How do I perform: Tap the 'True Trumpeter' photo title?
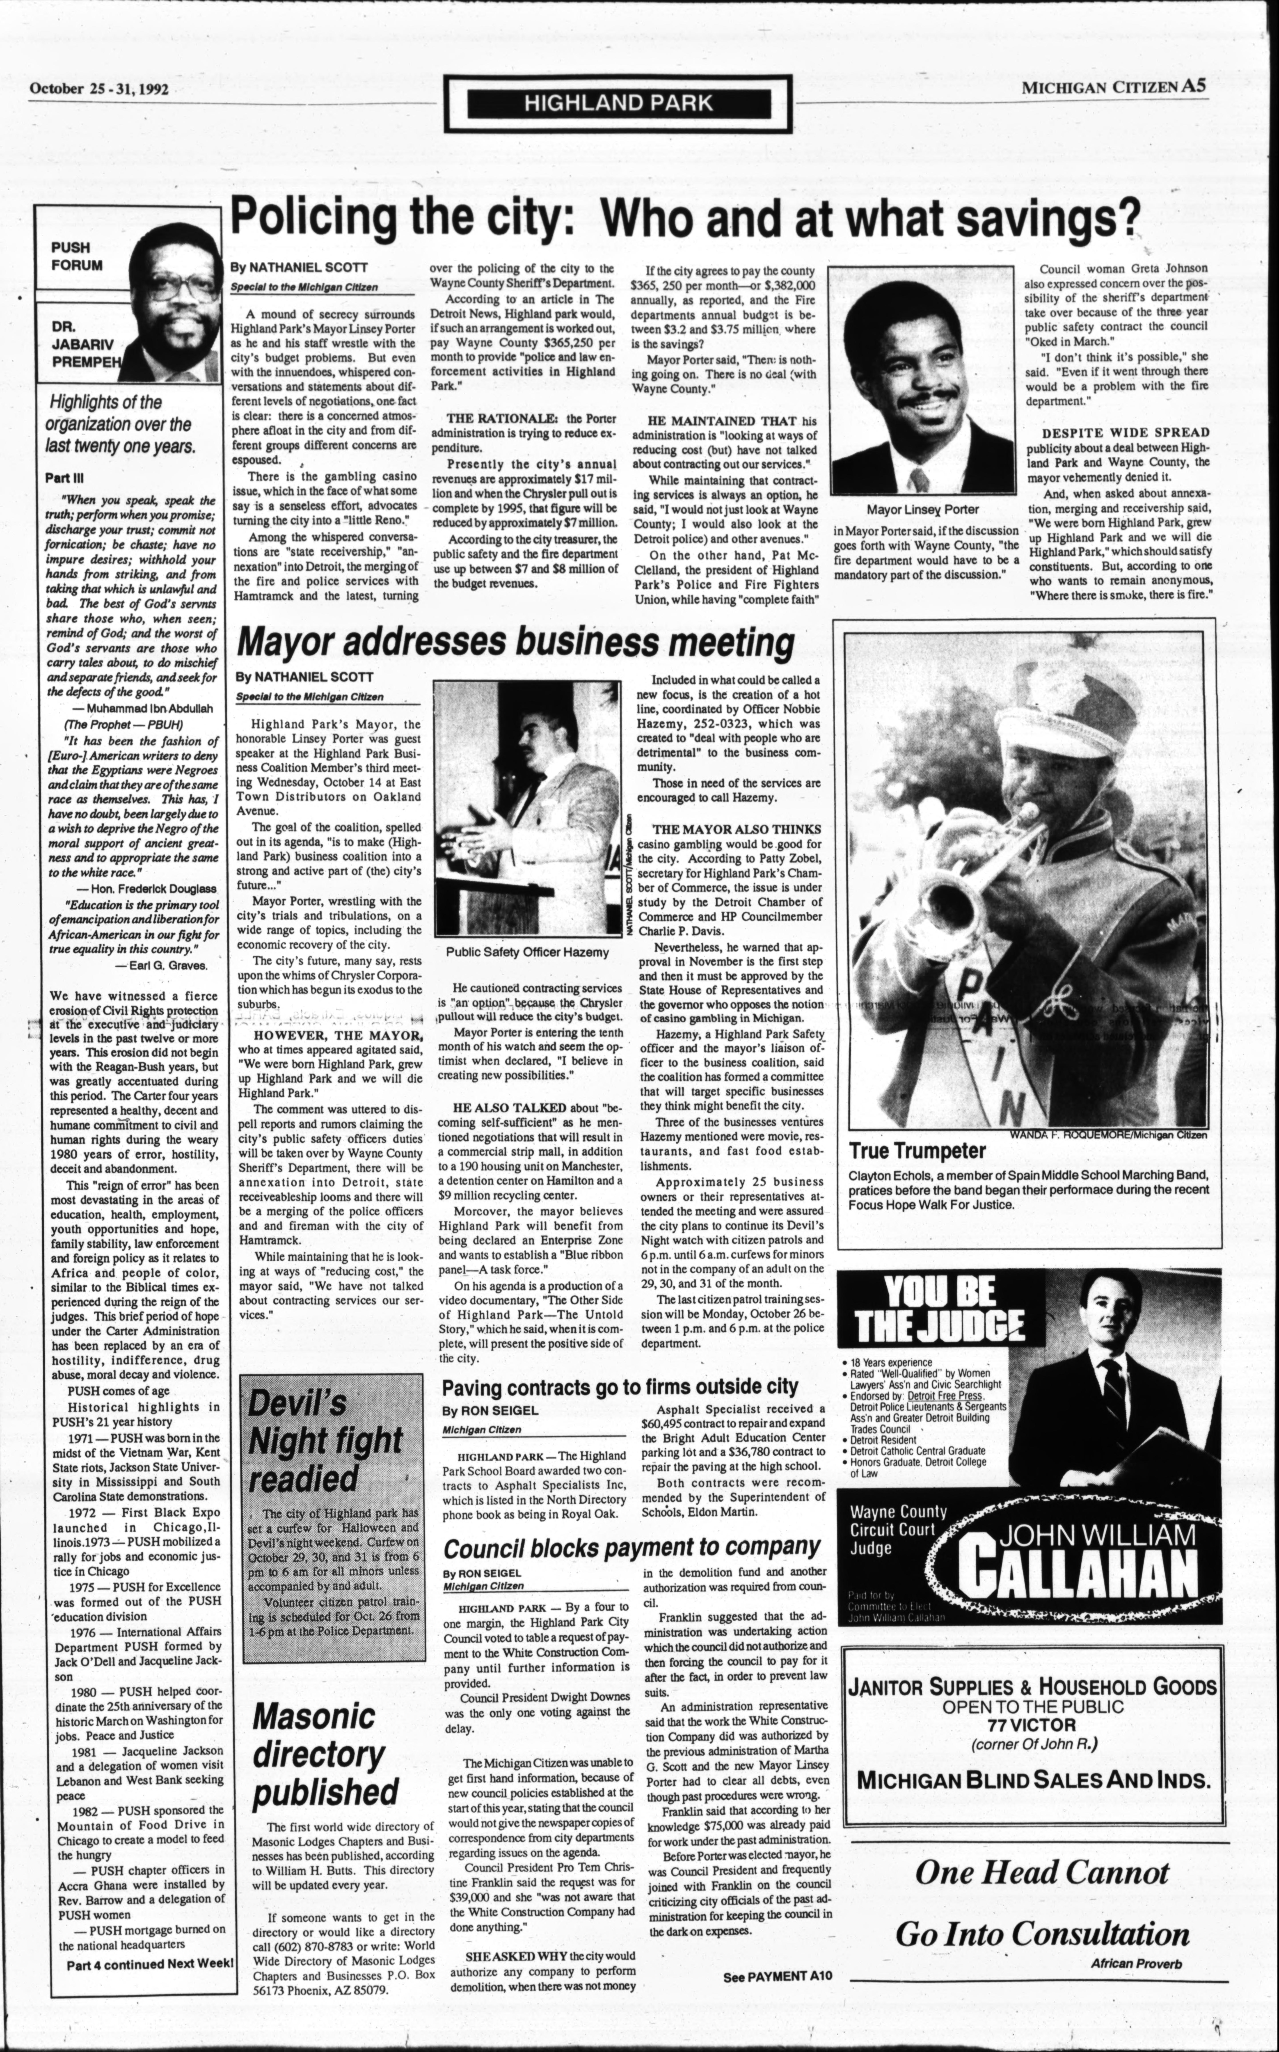(x=906, y=1151)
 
